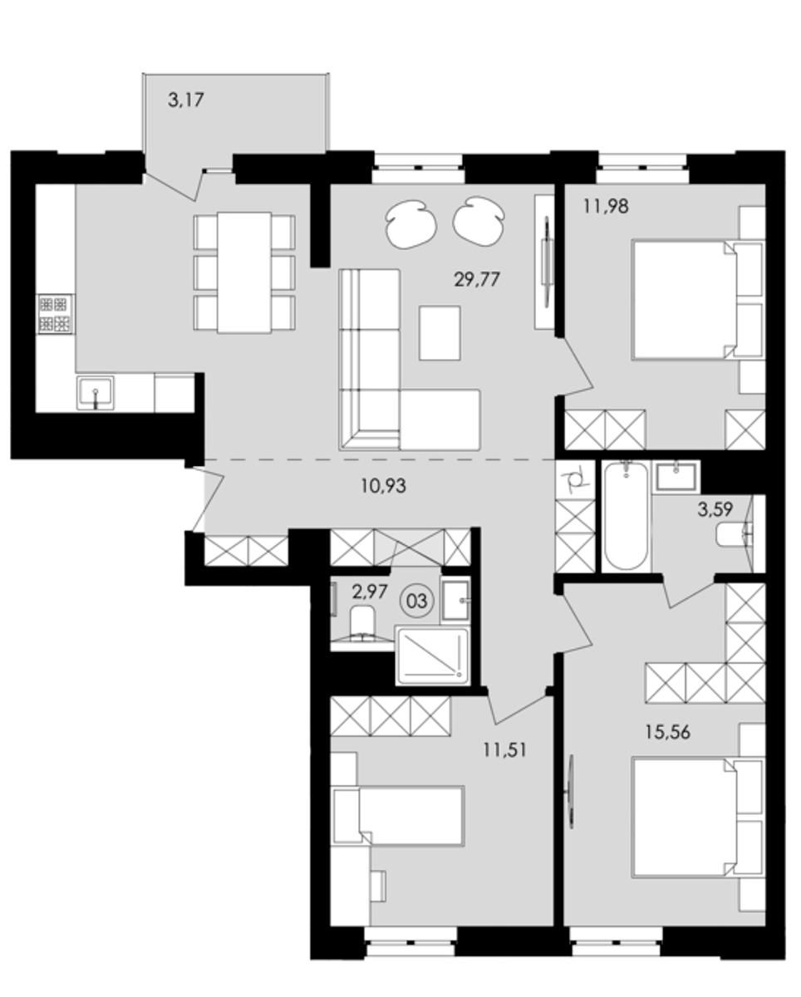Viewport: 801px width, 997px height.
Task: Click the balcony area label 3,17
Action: pyautogui.click(x=186, y=100)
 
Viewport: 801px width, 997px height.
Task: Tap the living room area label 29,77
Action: pyautogui.click(x=477, y=280)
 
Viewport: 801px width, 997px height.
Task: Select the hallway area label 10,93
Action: pyautogui.click(x=383, y=485)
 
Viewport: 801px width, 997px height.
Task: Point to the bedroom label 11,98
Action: pyautogui.click(x=606, y=206)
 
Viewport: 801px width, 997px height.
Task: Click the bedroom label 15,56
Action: pyautogui.click(x=668, y=733)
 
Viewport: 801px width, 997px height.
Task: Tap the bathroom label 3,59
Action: pyautogui.click(x=715, y=509)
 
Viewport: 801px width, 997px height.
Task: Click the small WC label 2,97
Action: pyautogui.click(x=370, y=592)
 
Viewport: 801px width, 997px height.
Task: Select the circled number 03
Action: pyautogui.click(x=416, y=602)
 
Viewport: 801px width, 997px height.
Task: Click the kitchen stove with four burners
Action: pyautogui.click(x=55, y=315)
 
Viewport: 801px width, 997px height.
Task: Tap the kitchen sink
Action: pyautogui.click(x=96, y=393)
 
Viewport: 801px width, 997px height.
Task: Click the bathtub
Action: pyautogui.click(x=626, y=516)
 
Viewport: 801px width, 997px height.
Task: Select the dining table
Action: pyautogui.click(x=244, y=273)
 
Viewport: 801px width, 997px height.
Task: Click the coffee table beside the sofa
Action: pyautogui.click(x=440, y=332)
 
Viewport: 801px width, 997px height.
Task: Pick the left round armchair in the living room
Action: pyautogui.click(x=411, y=224)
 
